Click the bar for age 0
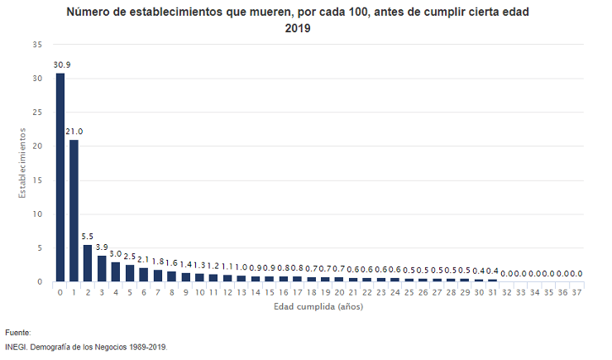[x=60, y=178]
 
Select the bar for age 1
[x=74, y=211]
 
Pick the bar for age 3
[x=102, y=268]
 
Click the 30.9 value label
[x=61, y=65]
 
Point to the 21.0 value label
[x=74, y=132]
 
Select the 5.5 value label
[x=88, y=237]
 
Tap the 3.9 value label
[x=102, y=247]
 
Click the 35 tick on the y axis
[x=36, y=45]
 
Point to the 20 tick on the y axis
[x=36, y=146]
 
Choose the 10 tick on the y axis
[x=36, y=214]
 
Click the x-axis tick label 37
[x=576, y=292]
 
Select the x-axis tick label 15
[x=270, y=292]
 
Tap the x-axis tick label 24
[x=395, y=292]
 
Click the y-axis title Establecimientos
[x=24, y=162]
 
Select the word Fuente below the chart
[x=17, y=332]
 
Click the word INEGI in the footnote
[x=16, y=347]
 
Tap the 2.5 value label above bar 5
[x=130, y=257]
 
